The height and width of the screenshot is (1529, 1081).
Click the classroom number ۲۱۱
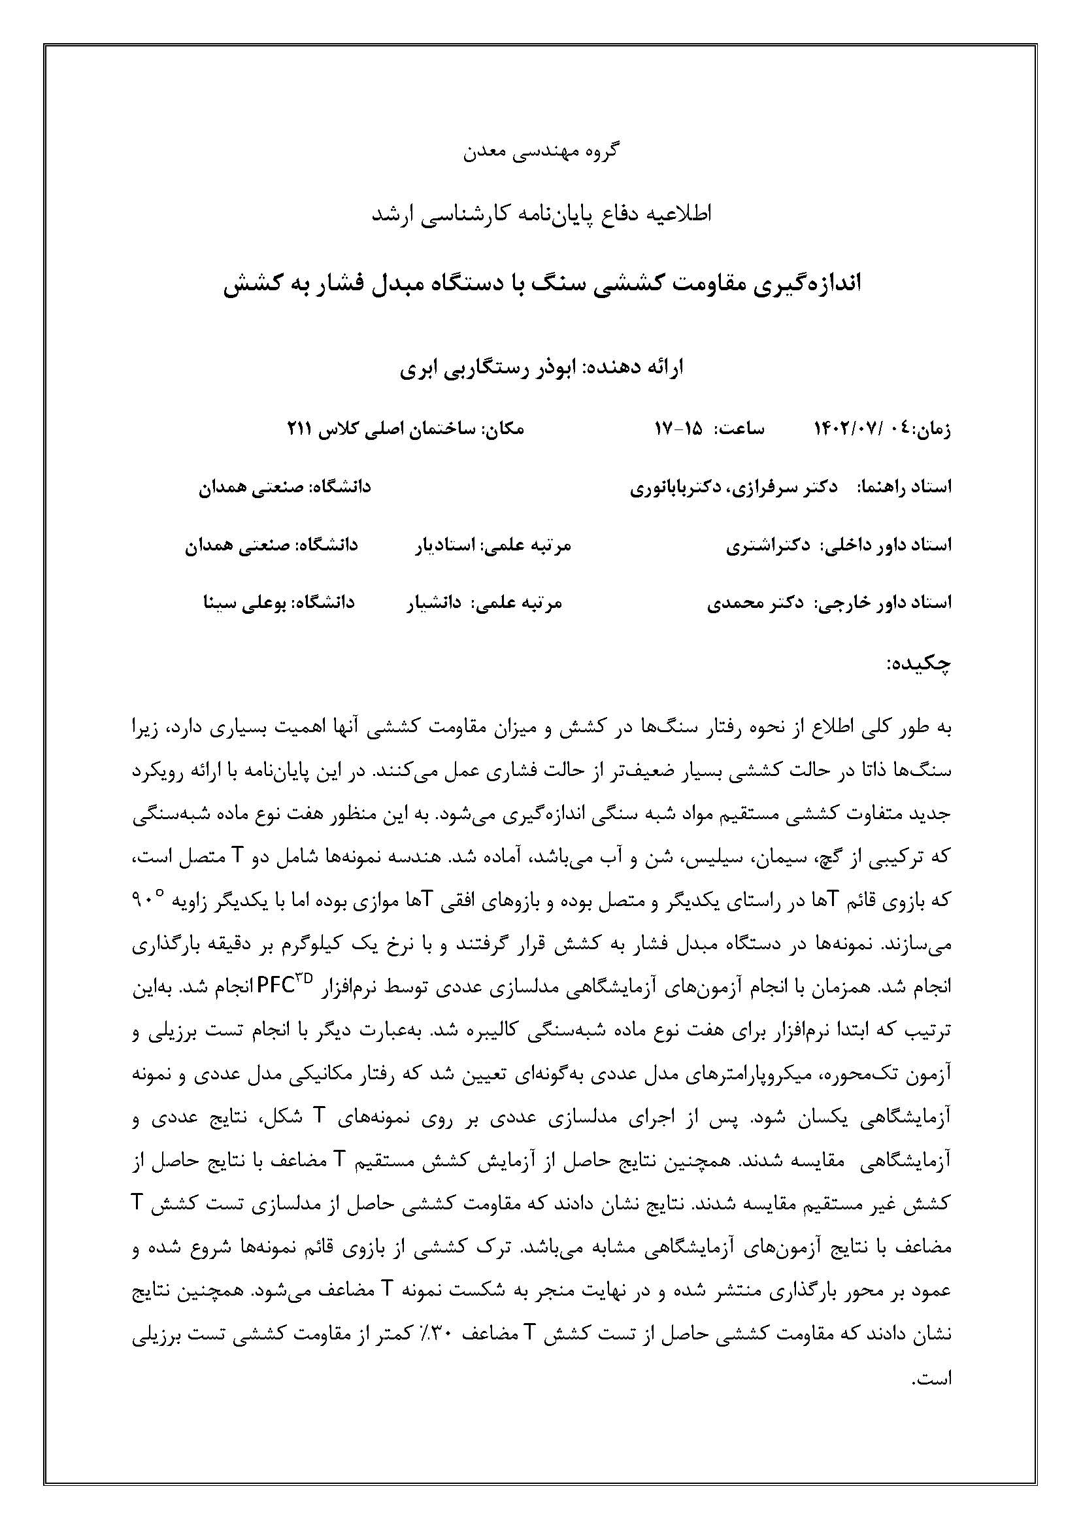click(299, 429)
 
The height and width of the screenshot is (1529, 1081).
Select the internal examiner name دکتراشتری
click(759, 545)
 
